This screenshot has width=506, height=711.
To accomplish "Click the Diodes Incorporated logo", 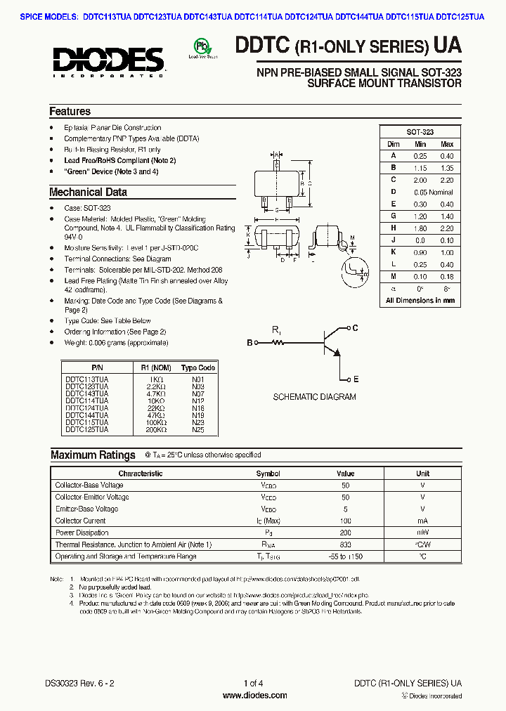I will (108, 59).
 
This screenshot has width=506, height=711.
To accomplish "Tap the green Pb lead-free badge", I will (201, 48).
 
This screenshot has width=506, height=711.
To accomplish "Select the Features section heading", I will (70, 111).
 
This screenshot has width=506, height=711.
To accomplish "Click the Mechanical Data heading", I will (88, 192).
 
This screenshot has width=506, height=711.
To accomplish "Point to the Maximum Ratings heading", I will (93, 455).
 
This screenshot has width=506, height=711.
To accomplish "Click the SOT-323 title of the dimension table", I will (420, 132).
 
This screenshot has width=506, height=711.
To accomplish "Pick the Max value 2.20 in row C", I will (446, 180).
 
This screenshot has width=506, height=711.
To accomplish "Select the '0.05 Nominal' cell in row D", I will (433, 192).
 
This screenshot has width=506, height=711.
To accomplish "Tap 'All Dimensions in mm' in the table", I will (420, 300).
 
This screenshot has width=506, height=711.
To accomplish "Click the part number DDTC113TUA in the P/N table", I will (86, 379).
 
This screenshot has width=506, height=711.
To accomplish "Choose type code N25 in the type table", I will (197, 429).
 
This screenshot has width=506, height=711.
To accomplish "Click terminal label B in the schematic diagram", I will (249, 343).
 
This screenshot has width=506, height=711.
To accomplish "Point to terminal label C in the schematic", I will (356, 328).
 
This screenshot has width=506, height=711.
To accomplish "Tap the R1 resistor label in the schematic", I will (276, 330).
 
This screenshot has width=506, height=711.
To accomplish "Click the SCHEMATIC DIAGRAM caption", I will (314, 397).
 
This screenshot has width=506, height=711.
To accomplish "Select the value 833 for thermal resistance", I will (345, 544).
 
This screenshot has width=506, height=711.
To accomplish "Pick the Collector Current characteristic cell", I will (80, 521).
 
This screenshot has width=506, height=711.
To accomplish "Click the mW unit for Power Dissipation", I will (422, 533).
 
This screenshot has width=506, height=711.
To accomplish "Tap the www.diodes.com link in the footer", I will (254, 696).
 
